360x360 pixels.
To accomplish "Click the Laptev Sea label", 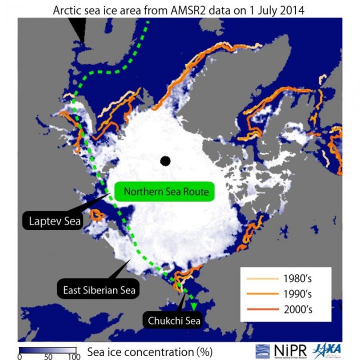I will click(51, 220).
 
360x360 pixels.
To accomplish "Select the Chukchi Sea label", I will click(174, 320).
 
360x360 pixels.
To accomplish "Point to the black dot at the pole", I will click(165, 161).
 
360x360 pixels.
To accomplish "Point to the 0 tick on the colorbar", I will click(19, 356).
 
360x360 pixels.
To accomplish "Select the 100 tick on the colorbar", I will click(73, 356).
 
